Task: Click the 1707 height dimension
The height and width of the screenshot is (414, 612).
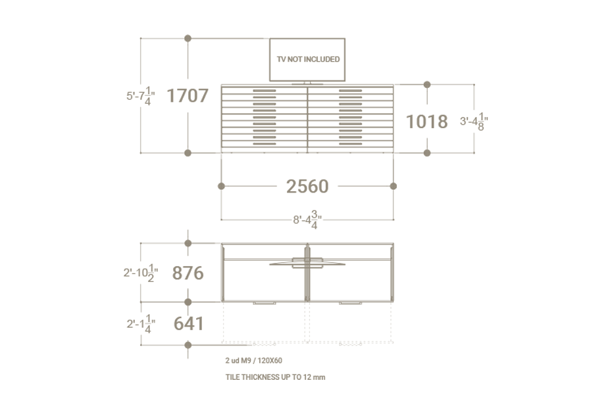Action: (x=188, y=96)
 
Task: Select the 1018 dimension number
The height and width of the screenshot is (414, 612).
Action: (x=426, y=122)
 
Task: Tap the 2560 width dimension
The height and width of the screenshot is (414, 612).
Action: (x=307, y=187)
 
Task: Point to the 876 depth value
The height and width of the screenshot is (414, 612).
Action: (x=188, y=273)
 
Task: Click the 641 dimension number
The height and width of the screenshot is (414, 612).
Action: (x=188, y=324)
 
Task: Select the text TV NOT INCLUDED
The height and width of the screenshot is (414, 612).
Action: (x=308, y=59)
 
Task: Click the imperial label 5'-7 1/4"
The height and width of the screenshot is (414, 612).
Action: (x=140, y=96)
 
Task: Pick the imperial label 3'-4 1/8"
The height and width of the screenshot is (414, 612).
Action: (x=474, y=122)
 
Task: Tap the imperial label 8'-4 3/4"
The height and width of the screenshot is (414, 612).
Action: (x=307, y=219)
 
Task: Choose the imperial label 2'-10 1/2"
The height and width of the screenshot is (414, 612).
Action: (x=140, y=272)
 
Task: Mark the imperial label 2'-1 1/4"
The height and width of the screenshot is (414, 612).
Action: (x=140, y=324)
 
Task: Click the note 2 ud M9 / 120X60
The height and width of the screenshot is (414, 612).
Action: (x=253, y=360)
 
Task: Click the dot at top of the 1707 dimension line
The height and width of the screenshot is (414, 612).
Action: (x=188, y=39)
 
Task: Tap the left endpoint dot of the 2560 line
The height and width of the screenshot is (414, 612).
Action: (x=221, y=187)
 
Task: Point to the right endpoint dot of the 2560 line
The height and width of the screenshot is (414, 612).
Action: (x=394, y=187)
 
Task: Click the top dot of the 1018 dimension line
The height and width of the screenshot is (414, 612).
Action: (x=427, y=85)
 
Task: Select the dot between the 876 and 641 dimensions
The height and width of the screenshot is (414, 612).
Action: (x=188, y=302)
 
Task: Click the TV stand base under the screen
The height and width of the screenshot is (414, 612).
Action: (x=307, y=83)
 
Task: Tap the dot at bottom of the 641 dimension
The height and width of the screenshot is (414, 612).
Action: (x=188, y=345)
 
